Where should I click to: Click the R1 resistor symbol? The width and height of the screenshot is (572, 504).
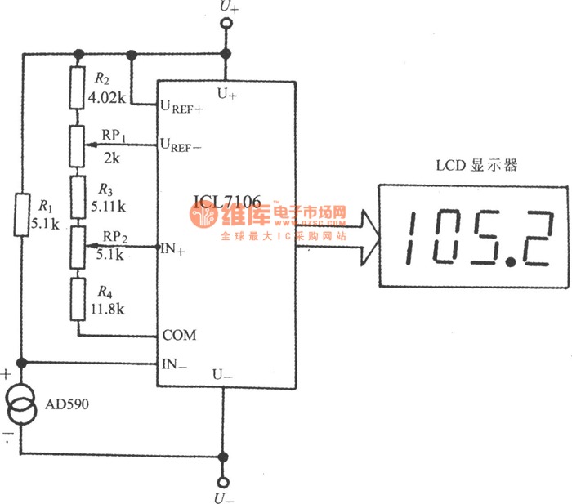click(22, 214)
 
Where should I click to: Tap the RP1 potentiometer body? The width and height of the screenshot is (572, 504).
click(78, 145)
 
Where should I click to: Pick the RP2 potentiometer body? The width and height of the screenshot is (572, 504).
click(78, 248)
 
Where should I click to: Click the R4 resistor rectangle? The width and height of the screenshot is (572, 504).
click(78, 298)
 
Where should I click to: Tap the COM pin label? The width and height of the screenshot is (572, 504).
click(179, 335)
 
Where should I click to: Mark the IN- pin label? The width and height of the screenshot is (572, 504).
click(173, 364)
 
